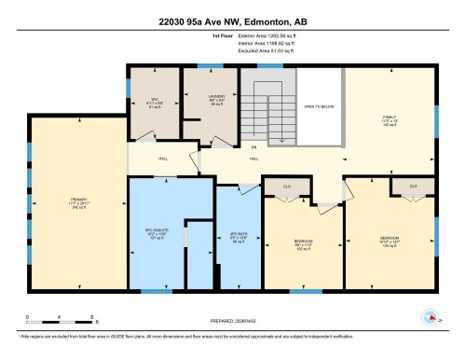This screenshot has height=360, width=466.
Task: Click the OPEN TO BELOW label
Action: coord(320,106)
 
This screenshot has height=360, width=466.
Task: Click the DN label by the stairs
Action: coord(252,147)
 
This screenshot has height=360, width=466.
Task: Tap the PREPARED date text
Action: coord(232,322)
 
